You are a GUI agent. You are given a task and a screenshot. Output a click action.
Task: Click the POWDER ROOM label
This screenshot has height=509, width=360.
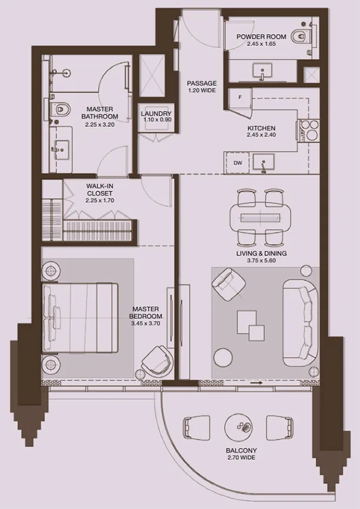pyautogui.click(x=261, y=36)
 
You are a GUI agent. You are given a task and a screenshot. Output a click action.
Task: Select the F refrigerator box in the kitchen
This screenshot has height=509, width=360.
pyautogui.click(x=240, y=97)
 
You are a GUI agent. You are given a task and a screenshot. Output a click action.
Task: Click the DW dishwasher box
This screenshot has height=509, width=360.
pyautogui.click(x=238, y=163)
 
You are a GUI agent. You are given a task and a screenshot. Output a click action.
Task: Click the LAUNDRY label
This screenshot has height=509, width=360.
pyautogui.click(x=156, y=114)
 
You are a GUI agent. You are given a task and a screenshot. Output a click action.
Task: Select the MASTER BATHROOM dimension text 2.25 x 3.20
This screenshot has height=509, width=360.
pyautogui.click(x=100, y=124)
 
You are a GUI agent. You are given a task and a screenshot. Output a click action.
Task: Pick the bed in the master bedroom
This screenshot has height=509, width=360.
pyautogui.click(x=79, y=317)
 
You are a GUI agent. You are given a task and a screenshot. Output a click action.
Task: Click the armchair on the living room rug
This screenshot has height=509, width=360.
pyautogui.click(x=228, y=284)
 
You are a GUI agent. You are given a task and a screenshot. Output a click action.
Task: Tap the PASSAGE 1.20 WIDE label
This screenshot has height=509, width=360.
pyautogui.click(x=201, y=87)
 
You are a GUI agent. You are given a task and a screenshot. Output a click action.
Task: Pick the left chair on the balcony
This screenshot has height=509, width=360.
pyautogui.click(x=197, y=427)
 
